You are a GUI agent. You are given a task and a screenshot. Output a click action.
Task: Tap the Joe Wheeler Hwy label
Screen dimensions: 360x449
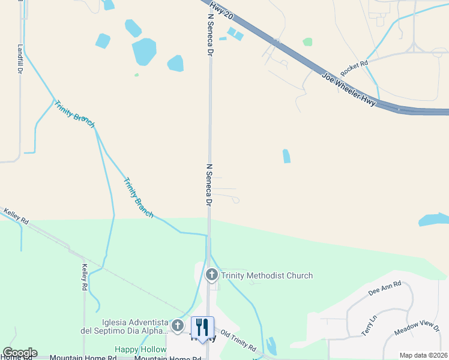(x=349, y=90)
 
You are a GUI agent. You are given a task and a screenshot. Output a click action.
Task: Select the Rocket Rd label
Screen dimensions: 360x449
(x=354, y=67)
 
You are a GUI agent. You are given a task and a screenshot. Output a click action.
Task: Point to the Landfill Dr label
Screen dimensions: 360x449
(x=20, y=59)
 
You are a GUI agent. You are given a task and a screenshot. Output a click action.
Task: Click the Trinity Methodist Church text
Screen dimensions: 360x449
(x=267, y=276)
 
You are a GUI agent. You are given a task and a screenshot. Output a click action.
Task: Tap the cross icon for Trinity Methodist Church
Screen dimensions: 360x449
(x=211, y=275)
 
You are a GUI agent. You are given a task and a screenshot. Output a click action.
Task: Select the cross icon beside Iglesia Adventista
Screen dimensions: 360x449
(x=177, y=326)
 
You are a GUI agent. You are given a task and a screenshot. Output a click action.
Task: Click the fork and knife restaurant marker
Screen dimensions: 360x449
(x=202, y=327)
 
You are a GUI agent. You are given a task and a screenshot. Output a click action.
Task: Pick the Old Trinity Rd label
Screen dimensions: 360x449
(x=238, y=341)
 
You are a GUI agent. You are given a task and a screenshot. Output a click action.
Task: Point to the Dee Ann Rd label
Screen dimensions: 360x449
(x=384, y=290)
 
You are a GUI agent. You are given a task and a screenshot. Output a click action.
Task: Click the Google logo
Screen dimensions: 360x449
(x=20, y=353)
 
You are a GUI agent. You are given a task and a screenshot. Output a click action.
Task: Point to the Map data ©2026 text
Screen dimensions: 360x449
(x=423, y=355)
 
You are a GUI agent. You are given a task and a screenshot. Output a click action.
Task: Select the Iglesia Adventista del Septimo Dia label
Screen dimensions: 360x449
(x=125, y=326)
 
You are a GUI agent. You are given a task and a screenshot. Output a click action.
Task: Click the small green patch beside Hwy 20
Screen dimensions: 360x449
(x=307, y=42)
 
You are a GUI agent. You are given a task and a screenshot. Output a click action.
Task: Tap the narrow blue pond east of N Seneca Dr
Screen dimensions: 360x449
(x=286, y=156)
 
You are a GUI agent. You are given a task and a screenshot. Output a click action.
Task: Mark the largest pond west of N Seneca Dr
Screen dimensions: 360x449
(x=144, y=52)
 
